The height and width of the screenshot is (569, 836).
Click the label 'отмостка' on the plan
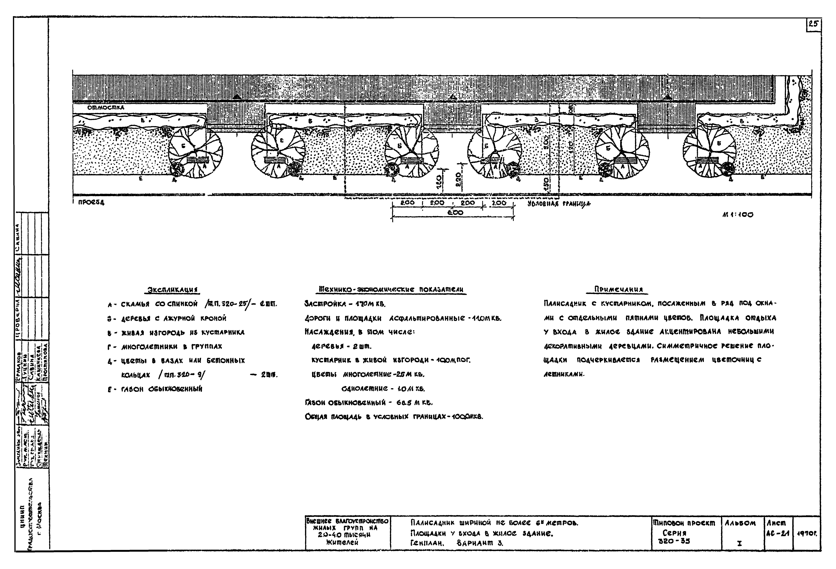click(x=105, y=107)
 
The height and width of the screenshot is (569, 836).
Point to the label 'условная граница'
click(x=559, y=204)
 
